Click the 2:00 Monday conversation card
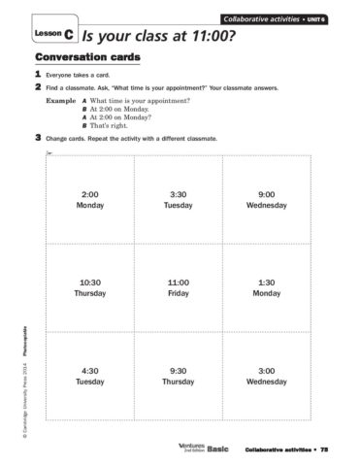89,199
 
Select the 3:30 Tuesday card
178,199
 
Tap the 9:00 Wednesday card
267,199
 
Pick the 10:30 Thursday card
89,286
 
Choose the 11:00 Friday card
178,286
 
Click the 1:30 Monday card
267,286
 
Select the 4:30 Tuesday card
89,375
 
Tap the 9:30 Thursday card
178,375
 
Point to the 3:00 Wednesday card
267,375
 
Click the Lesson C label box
54,34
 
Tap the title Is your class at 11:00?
160,35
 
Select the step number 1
37,74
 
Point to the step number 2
37,87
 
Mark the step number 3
37,138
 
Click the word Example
61,101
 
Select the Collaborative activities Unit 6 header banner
276,19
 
